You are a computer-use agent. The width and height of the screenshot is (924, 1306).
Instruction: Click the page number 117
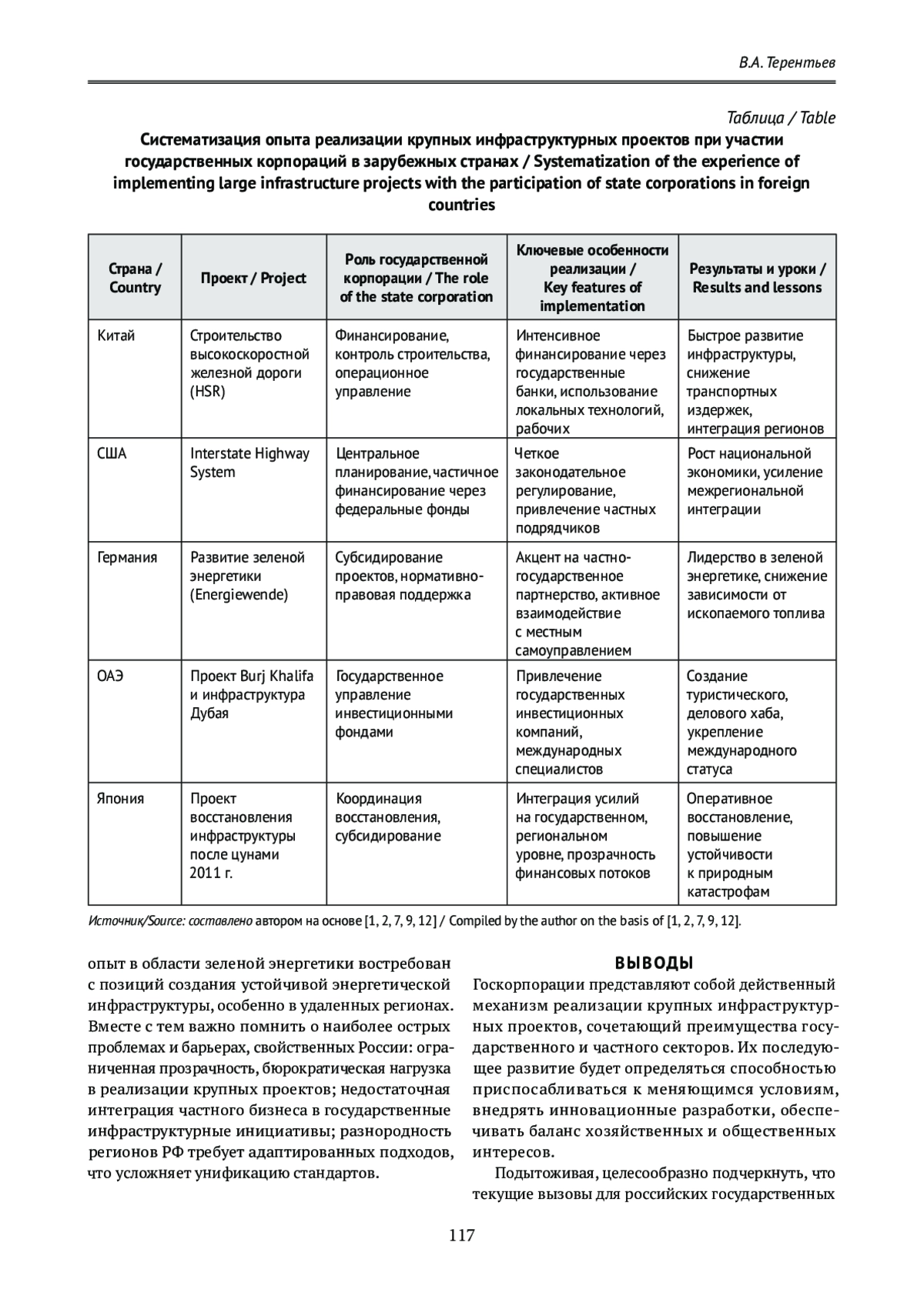tap(462, 1236)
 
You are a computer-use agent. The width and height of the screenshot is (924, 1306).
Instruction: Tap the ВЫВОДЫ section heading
tap(654, 963)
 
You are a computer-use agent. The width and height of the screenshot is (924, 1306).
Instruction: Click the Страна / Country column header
tap(135, 279)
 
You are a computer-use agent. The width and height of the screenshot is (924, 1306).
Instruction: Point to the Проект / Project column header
tap(253, 279)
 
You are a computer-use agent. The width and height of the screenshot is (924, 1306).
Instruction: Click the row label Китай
tap(116, 336)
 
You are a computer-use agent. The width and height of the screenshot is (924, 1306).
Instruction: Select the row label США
tap(112, 454)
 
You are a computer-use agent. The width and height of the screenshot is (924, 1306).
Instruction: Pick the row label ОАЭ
tap(110, 676)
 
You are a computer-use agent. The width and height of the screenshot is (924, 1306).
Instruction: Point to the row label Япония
tap(121, 799)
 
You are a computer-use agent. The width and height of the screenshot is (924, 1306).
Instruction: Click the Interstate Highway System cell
tap(249, 463)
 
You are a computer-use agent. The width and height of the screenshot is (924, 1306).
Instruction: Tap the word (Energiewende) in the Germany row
tap(239, 595)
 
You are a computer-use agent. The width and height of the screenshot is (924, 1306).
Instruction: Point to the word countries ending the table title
tap(461, 205)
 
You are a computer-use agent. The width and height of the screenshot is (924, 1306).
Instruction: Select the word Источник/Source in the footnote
tap(126, 921)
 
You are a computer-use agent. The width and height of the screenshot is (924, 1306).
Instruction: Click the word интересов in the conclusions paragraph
tap(512, 1153)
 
